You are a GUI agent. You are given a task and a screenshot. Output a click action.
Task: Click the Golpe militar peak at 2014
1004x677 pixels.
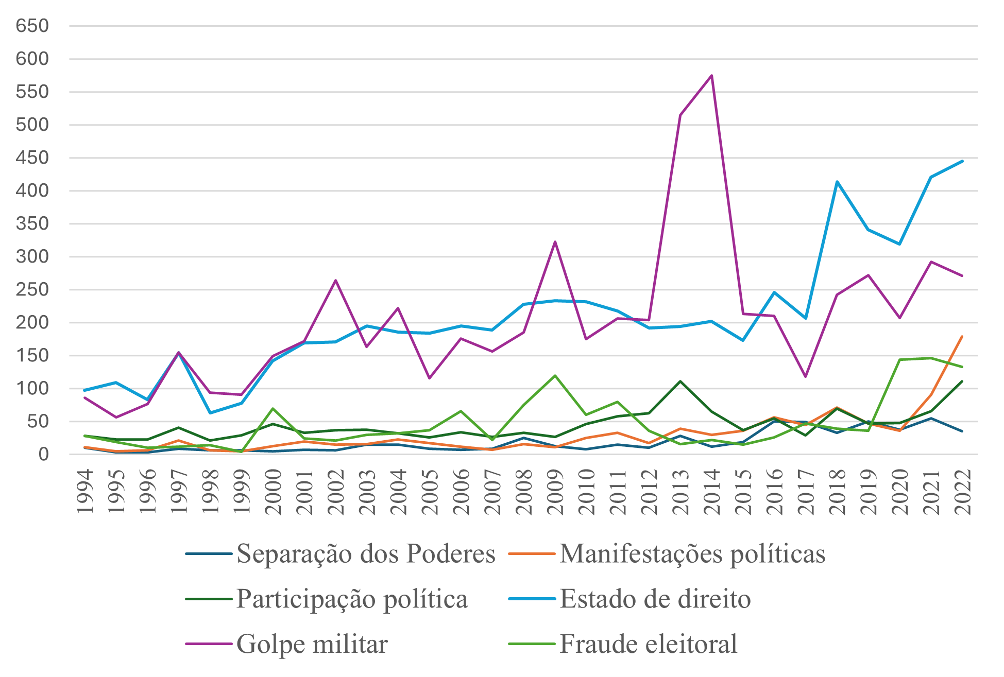[711, 76]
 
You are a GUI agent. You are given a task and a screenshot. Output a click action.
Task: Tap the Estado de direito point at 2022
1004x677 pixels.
[962, 161]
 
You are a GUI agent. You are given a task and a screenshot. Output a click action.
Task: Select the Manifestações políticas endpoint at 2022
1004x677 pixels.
[962, 337]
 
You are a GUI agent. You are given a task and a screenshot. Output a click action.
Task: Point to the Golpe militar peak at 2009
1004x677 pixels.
[555, 241]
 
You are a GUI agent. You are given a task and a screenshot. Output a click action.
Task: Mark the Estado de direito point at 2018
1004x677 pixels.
[837, 181]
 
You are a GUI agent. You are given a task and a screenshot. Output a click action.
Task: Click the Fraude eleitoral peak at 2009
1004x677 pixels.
[555, 375]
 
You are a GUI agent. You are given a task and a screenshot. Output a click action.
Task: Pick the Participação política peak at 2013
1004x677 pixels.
[680, 381]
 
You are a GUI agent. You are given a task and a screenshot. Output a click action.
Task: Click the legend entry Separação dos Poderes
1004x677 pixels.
[366, 554]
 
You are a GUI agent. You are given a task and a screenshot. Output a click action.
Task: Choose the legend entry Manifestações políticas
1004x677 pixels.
[692, 554]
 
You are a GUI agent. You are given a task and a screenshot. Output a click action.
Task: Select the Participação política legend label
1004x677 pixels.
[352, 599]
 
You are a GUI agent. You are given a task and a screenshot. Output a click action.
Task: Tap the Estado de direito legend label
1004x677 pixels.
[655, 599]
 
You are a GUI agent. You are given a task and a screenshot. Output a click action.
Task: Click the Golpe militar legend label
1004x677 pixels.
[312, 644]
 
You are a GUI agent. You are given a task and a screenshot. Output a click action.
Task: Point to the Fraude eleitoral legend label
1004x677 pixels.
[649, 644]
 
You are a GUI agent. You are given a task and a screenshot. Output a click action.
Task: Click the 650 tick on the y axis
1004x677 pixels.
[32, 26]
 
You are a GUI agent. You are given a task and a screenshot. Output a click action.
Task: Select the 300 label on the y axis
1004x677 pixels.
[32, 256]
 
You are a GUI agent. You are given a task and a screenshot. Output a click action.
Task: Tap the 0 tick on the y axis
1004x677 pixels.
[43, 454]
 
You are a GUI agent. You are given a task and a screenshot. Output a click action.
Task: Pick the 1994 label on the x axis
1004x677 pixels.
[84, 491]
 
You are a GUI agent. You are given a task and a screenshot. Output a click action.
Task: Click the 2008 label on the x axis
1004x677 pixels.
[523, 491]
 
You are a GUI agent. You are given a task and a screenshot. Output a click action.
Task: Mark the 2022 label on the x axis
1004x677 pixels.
[962, 491]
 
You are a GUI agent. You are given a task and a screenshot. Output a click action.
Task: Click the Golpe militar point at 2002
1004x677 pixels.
[335, 280]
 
